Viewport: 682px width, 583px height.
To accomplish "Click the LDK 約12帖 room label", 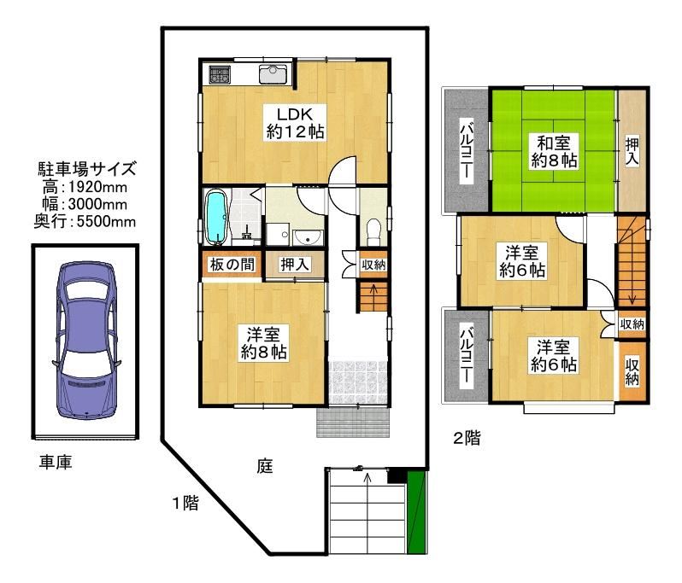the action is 296,123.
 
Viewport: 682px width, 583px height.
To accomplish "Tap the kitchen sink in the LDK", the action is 273,74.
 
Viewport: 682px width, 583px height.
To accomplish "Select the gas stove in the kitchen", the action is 220,74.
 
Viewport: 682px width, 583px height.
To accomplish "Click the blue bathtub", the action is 216,217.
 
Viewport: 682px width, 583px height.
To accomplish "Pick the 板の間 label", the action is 232,264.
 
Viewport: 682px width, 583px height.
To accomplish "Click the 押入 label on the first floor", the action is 295,264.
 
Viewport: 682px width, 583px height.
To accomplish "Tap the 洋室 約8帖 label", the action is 263,343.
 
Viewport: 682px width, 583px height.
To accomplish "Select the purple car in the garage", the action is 86,341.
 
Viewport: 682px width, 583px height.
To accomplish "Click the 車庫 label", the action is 56,462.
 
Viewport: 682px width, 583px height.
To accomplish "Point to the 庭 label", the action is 264,466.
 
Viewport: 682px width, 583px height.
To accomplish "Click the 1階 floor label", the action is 185,503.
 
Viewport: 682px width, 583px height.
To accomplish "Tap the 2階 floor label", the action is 467,438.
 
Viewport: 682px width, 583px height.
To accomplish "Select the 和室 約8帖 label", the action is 554,152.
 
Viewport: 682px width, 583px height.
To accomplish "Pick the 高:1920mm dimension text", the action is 85,187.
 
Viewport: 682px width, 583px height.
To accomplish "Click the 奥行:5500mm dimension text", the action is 85,222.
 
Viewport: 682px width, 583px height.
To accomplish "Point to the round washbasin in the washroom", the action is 308,237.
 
